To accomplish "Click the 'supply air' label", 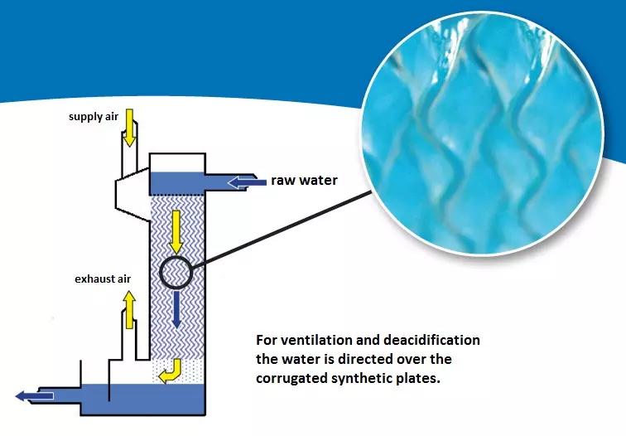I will tap(94, 116).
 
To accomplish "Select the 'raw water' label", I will tap(304, 181).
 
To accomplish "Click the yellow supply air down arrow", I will tap(130, 128).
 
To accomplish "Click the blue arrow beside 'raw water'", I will tap(245, 181).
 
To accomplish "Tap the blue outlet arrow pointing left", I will tap(35, 395).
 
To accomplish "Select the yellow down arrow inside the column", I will tap(175, 232).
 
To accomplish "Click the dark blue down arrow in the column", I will tap(176, 308).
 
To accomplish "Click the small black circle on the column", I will tap(176, 271).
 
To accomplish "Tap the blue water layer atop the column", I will tap(177, 182).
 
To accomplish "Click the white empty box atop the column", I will tap(177, 162).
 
